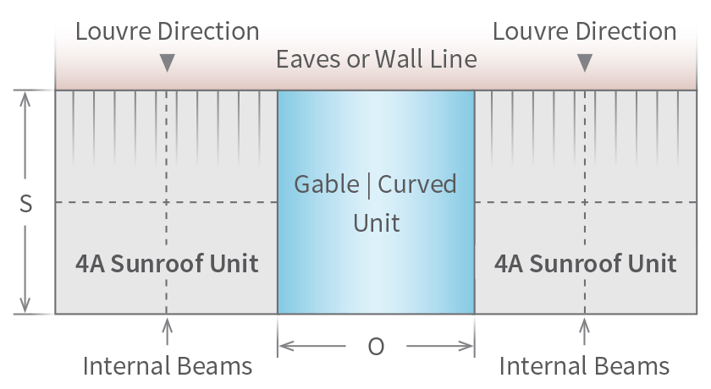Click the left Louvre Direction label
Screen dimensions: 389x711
[167, 32]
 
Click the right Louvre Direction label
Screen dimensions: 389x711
[584, 32]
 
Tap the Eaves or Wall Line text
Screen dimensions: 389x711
[376, 59]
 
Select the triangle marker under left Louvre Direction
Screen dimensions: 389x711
[168, 63]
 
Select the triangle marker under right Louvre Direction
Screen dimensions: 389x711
[584, 63]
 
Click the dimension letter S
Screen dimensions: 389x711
[25, 205]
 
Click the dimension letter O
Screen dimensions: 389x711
[376, 347]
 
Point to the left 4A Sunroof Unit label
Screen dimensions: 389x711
[167, 263]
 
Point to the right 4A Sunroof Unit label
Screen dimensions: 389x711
[585, 263]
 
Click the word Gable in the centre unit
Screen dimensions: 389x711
[325, 184]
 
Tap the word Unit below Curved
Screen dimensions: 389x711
[376, 223]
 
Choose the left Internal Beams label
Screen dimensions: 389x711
[167, 366]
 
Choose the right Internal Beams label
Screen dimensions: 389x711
[584, 366]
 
